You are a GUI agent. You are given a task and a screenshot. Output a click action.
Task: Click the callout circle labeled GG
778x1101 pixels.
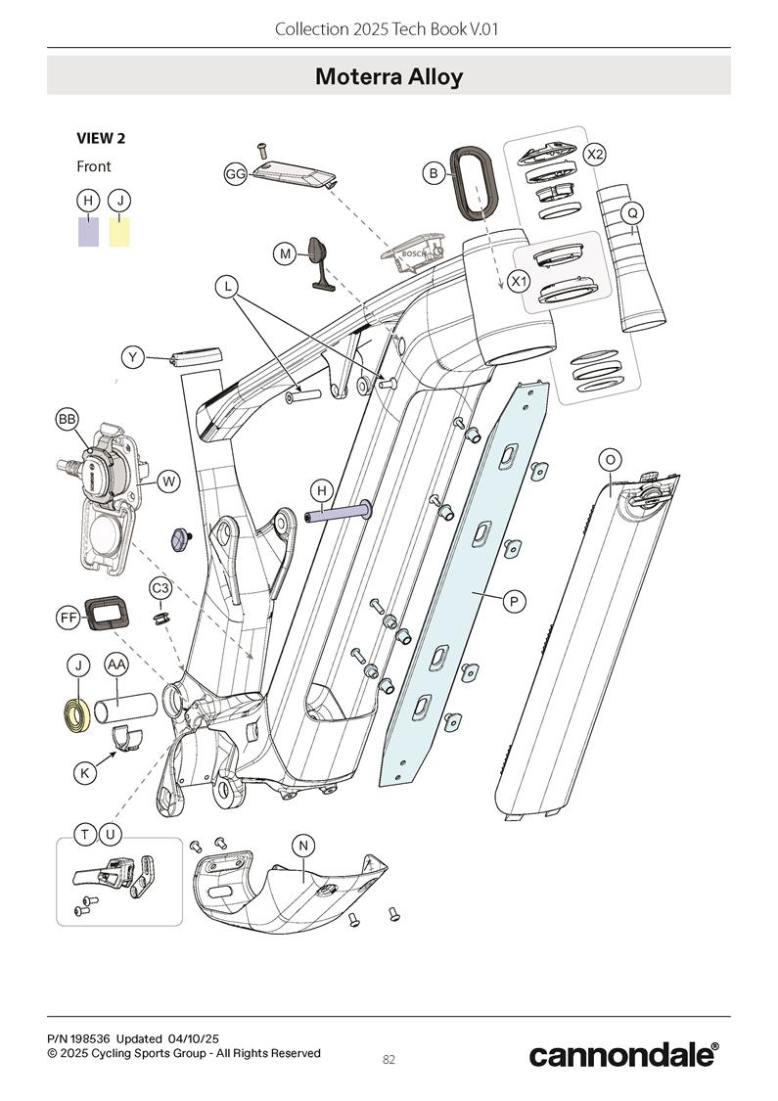tap(236, 174)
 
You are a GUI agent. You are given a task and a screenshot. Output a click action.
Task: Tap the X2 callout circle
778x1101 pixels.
tap(594, 155)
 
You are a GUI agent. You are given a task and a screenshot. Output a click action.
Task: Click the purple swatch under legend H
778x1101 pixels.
tap(88, 232)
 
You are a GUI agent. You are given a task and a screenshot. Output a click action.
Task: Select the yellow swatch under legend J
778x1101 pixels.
tap(119, 232)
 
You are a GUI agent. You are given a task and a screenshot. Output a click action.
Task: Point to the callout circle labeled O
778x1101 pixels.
tap(610, 460)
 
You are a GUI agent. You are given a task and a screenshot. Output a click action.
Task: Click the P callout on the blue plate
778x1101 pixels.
tap(514, 601)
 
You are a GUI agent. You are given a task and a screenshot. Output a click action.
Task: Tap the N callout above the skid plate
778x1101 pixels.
tap(303, 846)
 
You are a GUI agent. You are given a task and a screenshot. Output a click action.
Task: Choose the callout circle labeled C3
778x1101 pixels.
tap(160, 588)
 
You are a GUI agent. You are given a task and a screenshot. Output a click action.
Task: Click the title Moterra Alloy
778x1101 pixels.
tap(389, 76)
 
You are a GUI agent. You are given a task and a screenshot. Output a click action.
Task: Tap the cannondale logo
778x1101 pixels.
tap(622, 1054)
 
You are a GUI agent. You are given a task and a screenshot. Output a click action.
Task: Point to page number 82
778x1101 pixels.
tap(389, 1060)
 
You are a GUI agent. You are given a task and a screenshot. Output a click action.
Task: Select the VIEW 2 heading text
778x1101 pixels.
tap(101, 138)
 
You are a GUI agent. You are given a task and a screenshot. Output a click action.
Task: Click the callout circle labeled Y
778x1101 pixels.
tap(133, 357)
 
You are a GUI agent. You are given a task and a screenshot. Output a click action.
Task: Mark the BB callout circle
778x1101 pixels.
tap(68, 419)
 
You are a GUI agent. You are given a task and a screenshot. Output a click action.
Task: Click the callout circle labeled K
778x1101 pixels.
tap(85, 772)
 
